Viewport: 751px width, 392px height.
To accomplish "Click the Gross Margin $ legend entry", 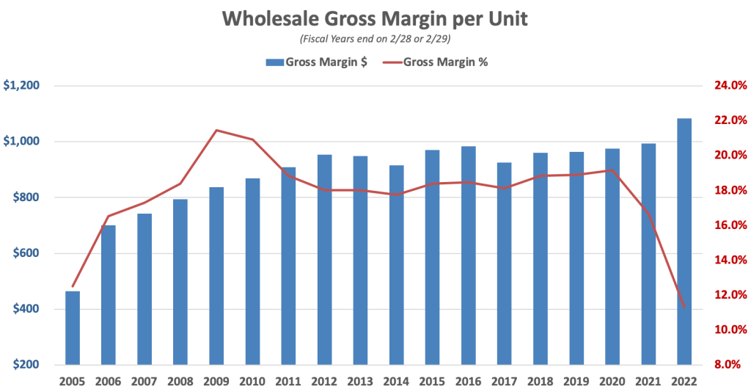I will tap(317, 62).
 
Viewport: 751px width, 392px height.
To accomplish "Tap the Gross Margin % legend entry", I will tap(436, 62).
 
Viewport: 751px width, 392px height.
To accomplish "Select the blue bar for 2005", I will tap(73, 328).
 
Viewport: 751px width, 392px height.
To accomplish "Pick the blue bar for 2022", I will tap(684, 242).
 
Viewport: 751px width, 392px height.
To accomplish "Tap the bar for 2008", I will tap(180, 282).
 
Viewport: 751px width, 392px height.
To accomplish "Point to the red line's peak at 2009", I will tap(216, 131).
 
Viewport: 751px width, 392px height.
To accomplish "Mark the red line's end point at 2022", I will tap(684, 307).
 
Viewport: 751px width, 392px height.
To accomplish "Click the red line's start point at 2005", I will tap(73, 286).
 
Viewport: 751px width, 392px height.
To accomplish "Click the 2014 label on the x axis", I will tap(396, 382).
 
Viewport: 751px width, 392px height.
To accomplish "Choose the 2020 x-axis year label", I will tap(612, 382).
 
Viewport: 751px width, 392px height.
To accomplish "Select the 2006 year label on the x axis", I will tap(109, 382).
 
